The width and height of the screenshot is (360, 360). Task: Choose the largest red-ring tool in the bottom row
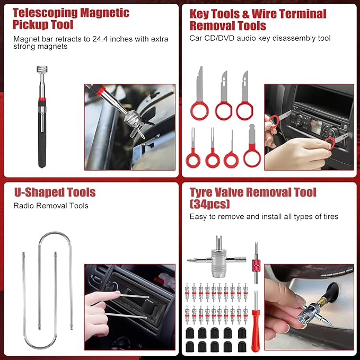[x=252, y=157]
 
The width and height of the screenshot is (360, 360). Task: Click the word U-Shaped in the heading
[x=36, y=192]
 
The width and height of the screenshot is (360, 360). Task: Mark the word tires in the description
[x=328, y=216]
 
